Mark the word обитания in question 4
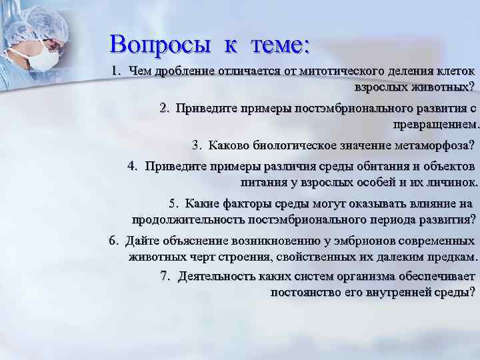click(342, 166)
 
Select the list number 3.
click(197, 145)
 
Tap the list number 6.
click(112, 241)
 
